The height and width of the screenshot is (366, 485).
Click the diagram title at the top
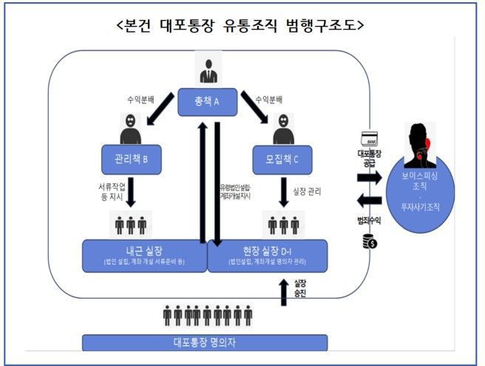[241, 24]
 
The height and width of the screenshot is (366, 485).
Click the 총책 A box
[207, 101]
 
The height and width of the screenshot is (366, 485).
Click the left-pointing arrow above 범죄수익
[370, 200]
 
